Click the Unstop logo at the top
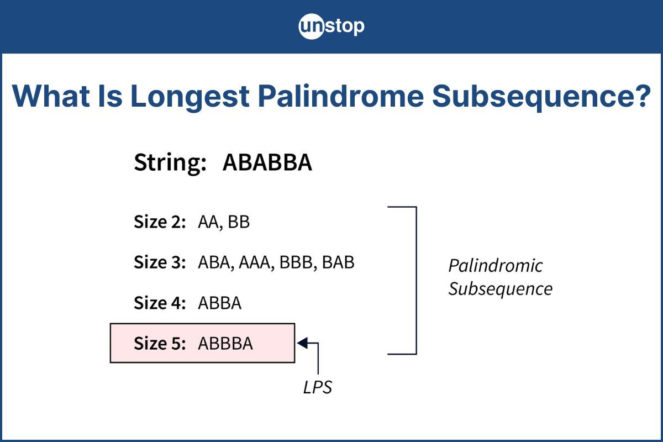(331, 27)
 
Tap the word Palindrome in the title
(341, 96)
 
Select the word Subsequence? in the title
(542, 96)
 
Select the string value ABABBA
(267, 164)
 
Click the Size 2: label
(160, 222)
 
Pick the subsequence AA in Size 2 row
(209, 222)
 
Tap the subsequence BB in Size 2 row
(239, 222)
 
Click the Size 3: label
(160, 262)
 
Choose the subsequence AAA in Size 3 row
(254, 262)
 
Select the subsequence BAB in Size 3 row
(338, 262)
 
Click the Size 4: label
(160, 303)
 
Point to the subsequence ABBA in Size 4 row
(219, 303)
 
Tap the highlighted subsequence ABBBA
(225, 343)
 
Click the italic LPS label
(318, 387)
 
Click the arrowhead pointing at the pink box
(302, 343)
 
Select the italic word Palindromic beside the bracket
(495, 266)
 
